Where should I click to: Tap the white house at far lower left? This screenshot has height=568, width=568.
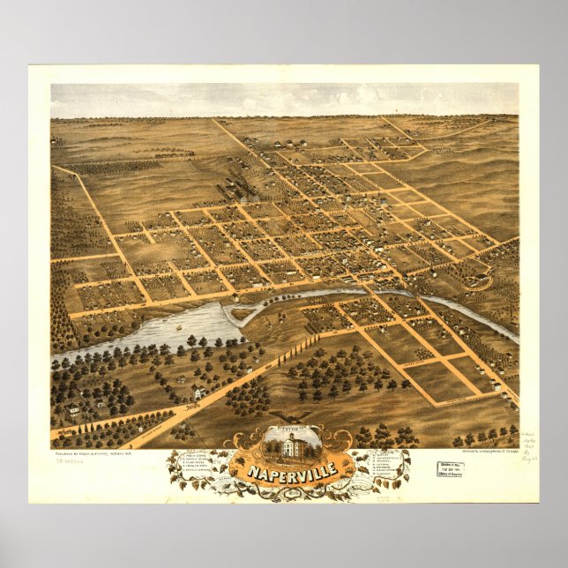click(72, 409)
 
